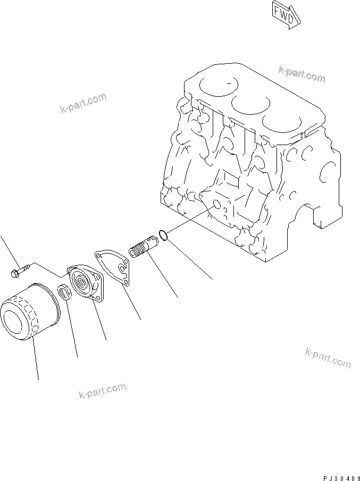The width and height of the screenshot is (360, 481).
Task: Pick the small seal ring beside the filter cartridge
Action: click(64, 292)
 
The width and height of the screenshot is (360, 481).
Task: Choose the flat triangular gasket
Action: click(114, 266)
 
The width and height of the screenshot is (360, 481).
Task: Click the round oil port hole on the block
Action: click(215, 205)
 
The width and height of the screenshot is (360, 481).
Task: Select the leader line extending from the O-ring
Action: click(191, 260)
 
